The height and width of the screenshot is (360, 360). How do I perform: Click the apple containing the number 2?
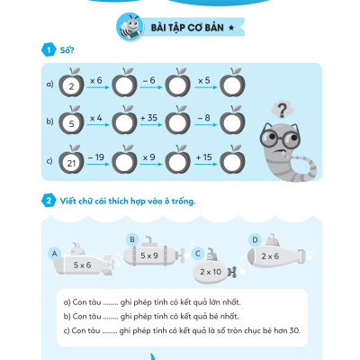(x=71, y=83)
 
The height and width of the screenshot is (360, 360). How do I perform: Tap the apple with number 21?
(x=71, y=160)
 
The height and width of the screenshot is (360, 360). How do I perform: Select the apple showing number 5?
(x=71, y=121)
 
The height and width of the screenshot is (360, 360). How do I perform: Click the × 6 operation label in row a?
(x=96, y=80)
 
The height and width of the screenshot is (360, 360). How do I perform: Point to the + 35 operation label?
(x=149, y=118)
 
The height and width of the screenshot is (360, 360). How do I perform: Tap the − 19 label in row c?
(x=96, y=157)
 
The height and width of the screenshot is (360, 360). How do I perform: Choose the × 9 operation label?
(x=149, y=157)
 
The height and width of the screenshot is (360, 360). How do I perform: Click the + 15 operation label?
(x=203, y=157)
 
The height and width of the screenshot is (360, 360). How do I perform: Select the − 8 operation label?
(x=204, y=118)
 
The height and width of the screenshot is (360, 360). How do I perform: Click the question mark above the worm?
(x=282, y=110)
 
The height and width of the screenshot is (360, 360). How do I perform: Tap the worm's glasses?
(x=280, y=138)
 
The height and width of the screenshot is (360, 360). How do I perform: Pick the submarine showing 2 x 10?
(x=214, y=268)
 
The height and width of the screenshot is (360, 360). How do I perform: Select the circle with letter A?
(x=54, y=254)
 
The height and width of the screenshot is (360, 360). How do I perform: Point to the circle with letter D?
(x=255, y=240)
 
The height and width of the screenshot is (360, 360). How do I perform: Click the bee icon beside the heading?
(x=130, y=27)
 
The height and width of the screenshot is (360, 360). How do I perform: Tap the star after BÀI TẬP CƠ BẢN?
(x=231, y=28)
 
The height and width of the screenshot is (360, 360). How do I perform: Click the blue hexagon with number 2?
(x=49, y=201)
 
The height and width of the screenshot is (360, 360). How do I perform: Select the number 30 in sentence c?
(x=295, y=330)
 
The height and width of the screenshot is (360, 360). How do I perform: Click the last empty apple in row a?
(x=232, y=83)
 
